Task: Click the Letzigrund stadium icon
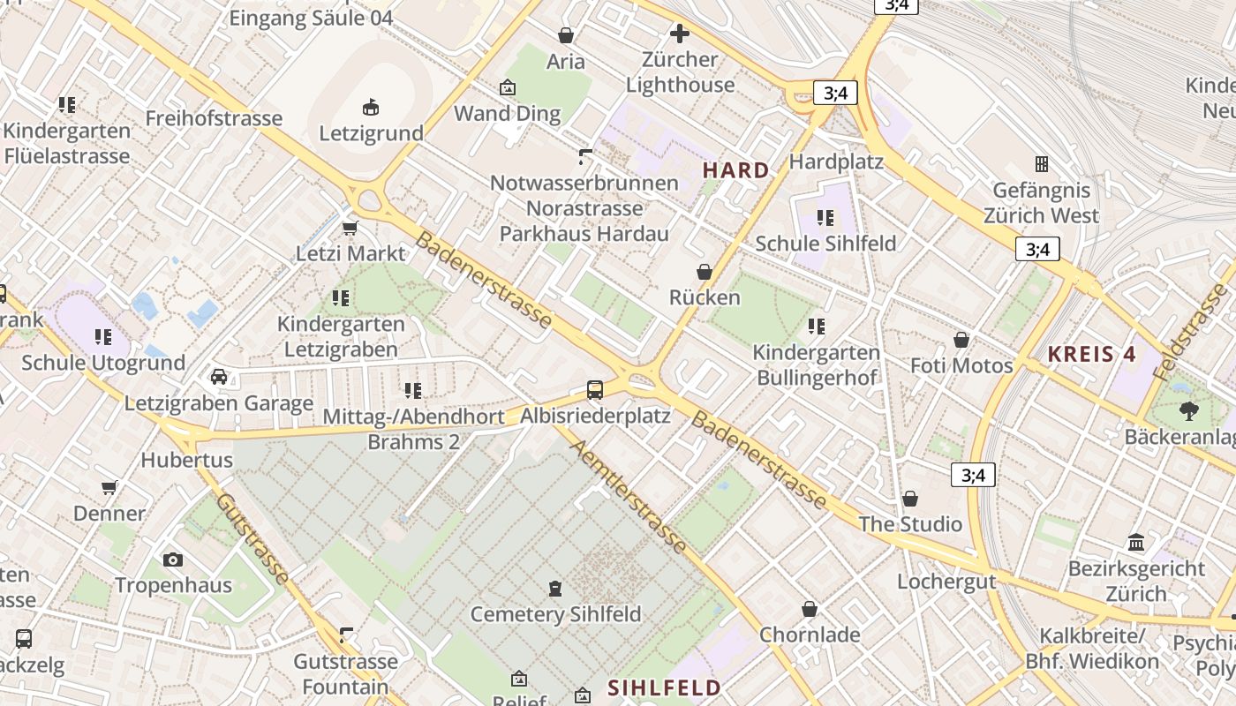(x=371, y=107)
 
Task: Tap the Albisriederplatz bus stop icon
(x=595, y=389)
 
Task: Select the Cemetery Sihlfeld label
(x=555, y=614)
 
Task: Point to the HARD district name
(x=736, y=170)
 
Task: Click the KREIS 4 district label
(x=1091, y=355)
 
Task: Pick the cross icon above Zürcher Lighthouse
(x=679, y=34)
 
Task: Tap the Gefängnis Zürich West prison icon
(x=1042, y=164)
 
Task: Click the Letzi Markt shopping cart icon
(x=350, y=228)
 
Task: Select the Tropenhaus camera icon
(x=173, y=560)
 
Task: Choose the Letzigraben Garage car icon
(x=219, y=378)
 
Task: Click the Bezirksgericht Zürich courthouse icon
(x=1136, y=542)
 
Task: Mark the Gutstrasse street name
(x=252, y=538)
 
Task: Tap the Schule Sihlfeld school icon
(x=825, y=217)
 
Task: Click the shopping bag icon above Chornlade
(x=810, y=609)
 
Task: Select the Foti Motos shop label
(x=961, y=365)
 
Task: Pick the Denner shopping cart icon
(x=109, y=487)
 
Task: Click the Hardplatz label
(x=836, y=161)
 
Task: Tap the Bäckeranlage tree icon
(x=1188, y=410)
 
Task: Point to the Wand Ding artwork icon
(x=508, y=87)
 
